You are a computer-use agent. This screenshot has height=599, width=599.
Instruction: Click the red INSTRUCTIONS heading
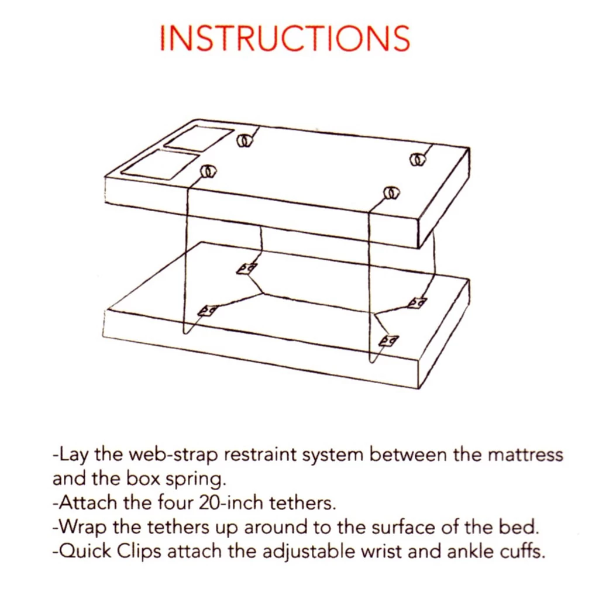(285, 39)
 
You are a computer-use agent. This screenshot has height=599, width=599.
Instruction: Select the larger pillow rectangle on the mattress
(160, 165)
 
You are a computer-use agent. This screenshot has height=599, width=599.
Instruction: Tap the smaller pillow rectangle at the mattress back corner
(199, 138)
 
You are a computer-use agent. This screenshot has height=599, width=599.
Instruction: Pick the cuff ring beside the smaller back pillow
(245, 140)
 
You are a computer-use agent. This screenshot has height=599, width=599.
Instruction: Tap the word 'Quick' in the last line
(84, 552)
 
